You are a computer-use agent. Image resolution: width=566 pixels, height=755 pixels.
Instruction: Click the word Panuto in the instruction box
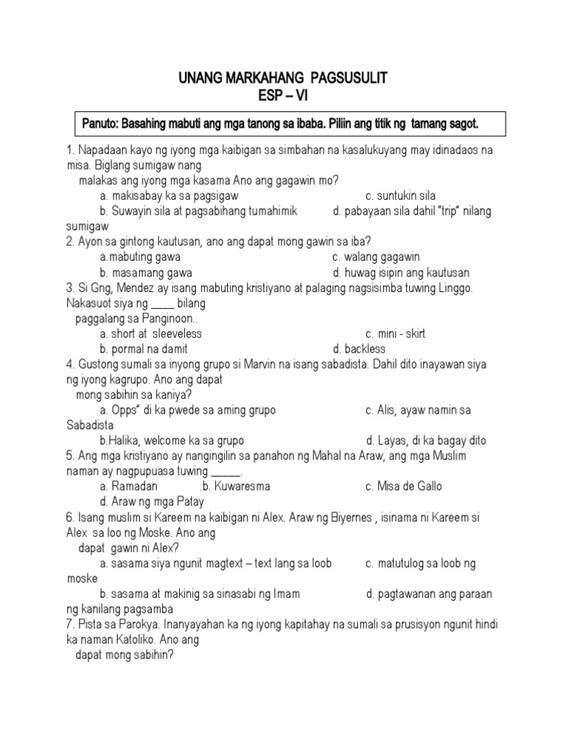[x=101, y=124]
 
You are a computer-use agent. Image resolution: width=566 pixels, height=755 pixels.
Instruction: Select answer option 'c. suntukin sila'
[x=400, y=195]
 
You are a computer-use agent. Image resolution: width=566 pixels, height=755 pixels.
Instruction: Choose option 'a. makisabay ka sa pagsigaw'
[x=169, y=195]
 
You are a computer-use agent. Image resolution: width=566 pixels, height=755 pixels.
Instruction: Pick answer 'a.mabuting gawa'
[x=140, y=257]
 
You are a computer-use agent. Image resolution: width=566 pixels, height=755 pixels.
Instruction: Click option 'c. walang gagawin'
[x=376, y=257]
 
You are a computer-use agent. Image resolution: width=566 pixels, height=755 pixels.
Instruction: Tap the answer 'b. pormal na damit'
[x=144, y=349]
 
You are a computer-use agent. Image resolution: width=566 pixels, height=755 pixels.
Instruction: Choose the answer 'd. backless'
[x=359, y=349]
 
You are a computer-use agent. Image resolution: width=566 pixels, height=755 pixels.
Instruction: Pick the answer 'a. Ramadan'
[x=126, y=487]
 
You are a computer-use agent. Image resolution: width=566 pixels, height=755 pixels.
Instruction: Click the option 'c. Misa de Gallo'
[x=403, y=487]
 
